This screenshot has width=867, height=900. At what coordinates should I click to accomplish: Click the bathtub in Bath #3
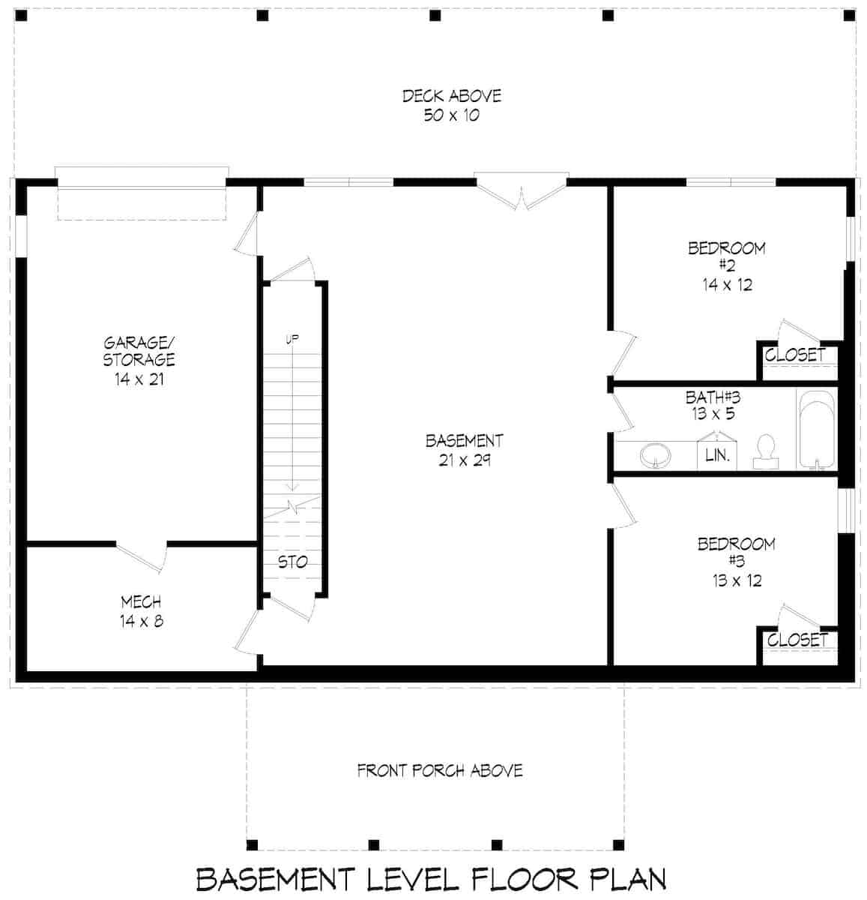816,430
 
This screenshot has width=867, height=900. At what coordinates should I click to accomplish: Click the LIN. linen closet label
717,454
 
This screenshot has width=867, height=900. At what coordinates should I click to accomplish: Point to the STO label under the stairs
292,562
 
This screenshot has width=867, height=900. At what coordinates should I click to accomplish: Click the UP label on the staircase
291,340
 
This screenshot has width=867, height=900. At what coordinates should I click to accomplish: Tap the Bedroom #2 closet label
795,355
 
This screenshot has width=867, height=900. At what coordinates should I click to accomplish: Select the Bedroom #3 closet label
797,640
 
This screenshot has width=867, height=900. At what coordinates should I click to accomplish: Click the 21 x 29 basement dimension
464,460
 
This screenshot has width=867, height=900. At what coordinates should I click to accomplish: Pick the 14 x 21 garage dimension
139,379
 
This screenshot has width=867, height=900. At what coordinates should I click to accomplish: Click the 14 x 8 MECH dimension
140,621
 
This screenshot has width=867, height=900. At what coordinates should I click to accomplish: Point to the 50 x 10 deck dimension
451,115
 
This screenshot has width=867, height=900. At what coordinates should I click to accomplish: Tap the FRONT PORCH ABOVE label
440,770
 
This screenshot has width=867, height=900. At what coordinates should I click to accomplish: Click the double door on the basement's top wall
521,192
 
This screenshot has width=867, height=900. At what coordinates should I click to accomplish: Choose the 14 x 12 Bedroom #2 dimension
727,284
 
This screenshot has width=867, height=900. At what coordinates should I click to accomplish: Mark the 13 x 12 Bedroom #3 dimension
737,580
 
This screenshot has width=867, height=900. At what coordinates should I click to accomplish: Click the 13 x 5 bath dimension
713,412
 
